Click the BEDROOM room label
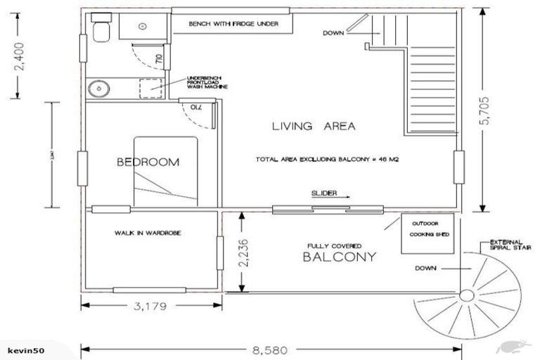click(148, 162)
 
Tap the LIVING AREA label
click(314, 127)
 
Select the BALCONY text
click(339, 257)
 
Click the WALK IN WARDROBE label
click(145, 233)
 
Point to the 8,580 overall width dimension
click(271, 349)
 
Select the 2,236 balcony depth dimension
click(243, 250)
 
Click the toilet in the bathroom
click(101, 29)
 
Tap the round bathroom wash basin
click(98, 89)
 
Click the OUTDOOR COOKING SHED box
click(426, 233)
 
